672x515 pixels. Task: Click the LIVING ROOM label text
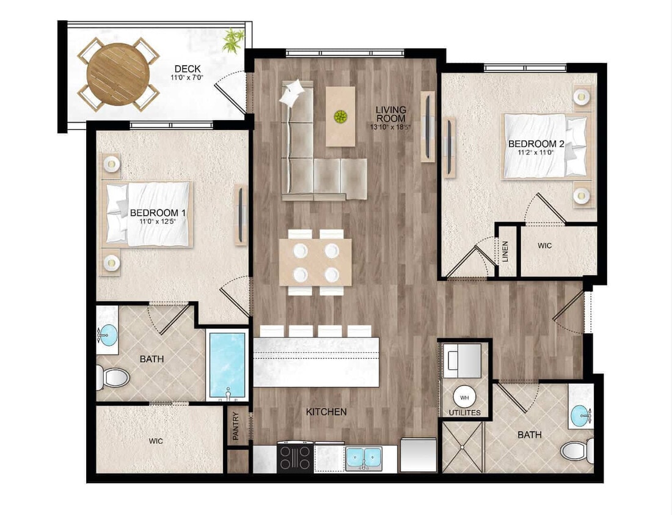391,114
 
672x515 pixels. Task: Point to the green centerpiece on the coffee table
340,115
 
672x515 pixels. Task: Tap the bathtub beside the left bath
227,365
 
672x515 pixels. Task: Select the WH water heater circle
464,397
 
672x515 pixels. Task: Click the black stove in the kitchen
295,458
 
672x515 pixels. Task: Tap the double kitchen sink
363,458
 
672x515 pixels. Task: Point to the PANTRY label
236,427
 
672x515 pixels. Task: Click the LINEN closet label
505,252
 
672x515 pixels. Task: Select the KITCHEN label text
326,412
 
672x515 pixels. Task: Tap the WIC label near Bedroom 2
545,245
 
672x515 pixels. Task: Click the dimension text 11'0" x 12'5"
158,221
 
